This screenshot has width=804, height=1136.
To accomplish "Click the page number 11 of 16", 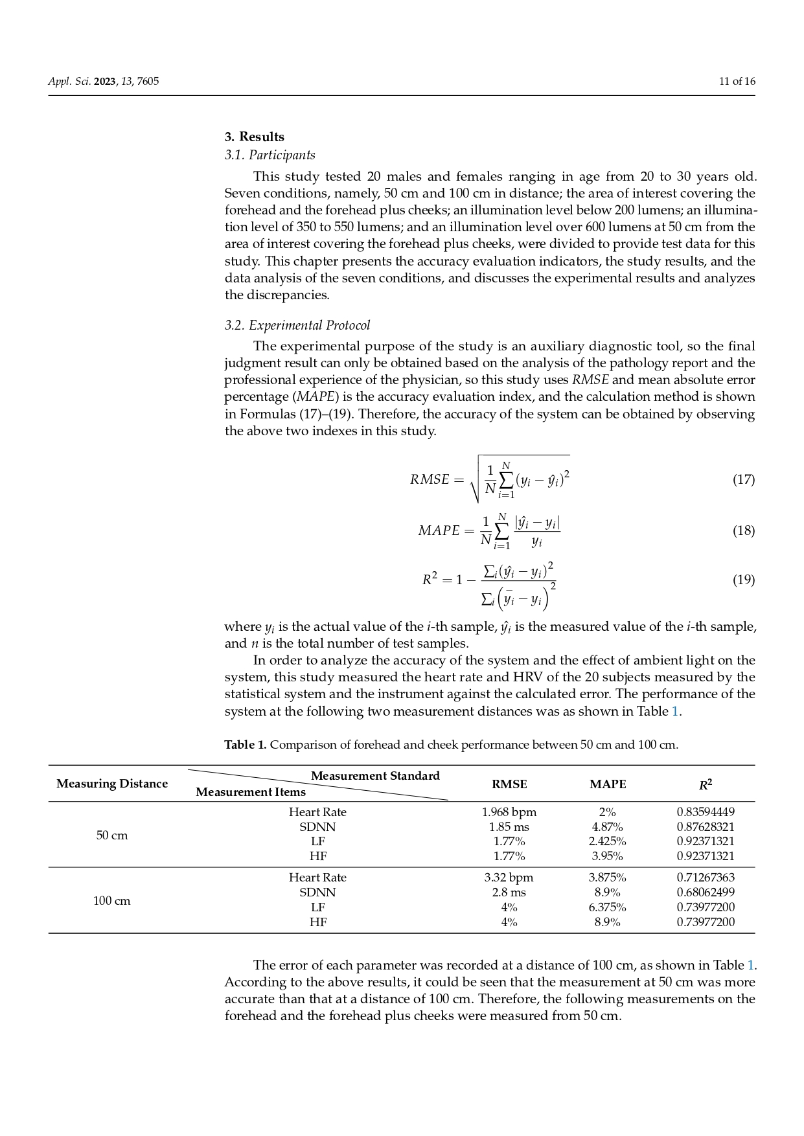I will click(x=737, y=82).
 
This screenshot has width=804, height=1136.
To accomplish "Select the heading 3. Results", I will click(x=255, y=137).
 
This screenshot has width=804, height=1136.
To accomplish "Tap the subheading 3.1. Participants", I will click(x=270, y=155).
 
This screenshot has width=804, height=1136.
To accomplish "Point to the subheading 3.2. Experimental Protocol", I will click(x=297, y=325).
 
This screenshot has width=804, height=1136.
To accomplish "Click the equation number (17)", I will click(x=743, y=479).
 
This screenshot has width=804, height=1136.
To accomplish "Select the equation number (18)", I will click(x=743, y=530).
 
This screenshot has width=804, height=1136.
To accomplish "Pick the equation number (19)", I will click(x=743, y=580).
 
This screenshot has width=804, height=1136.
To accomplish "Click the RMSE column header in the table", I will click(x=509, y=784).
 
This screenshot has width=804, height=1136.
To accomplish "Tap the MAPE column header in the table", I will click(x=608, y=784).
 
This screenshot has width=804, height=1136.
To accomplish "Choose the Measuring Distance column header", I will click(x=112, y=784).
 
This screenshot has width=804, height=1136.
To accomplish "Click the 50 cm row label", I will click(x=112, y=835).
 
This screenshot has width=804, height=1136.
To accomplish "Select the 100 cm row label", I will click(x=112, y=901).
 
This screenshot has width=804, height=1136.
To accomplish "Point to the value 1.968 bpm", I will click(x=509, y=812).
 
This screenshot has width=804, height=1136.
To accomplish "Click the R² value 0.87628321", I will click(x=706, y=827).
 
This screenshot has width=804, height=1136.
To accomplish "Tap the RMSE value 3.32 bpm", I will click(x=509, y=878).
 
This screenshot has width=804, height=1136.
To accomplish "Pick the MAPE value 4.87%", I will click(x=608, y=827).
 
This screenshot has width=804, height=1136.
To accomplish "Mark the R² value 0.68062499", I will click(x=706, y=892).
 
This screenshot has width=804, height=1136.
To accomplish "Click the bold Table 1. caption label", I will click(x=246, y=745).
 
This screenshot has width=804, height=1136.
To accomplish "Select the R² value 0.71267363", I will click(x=706, y=878).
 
